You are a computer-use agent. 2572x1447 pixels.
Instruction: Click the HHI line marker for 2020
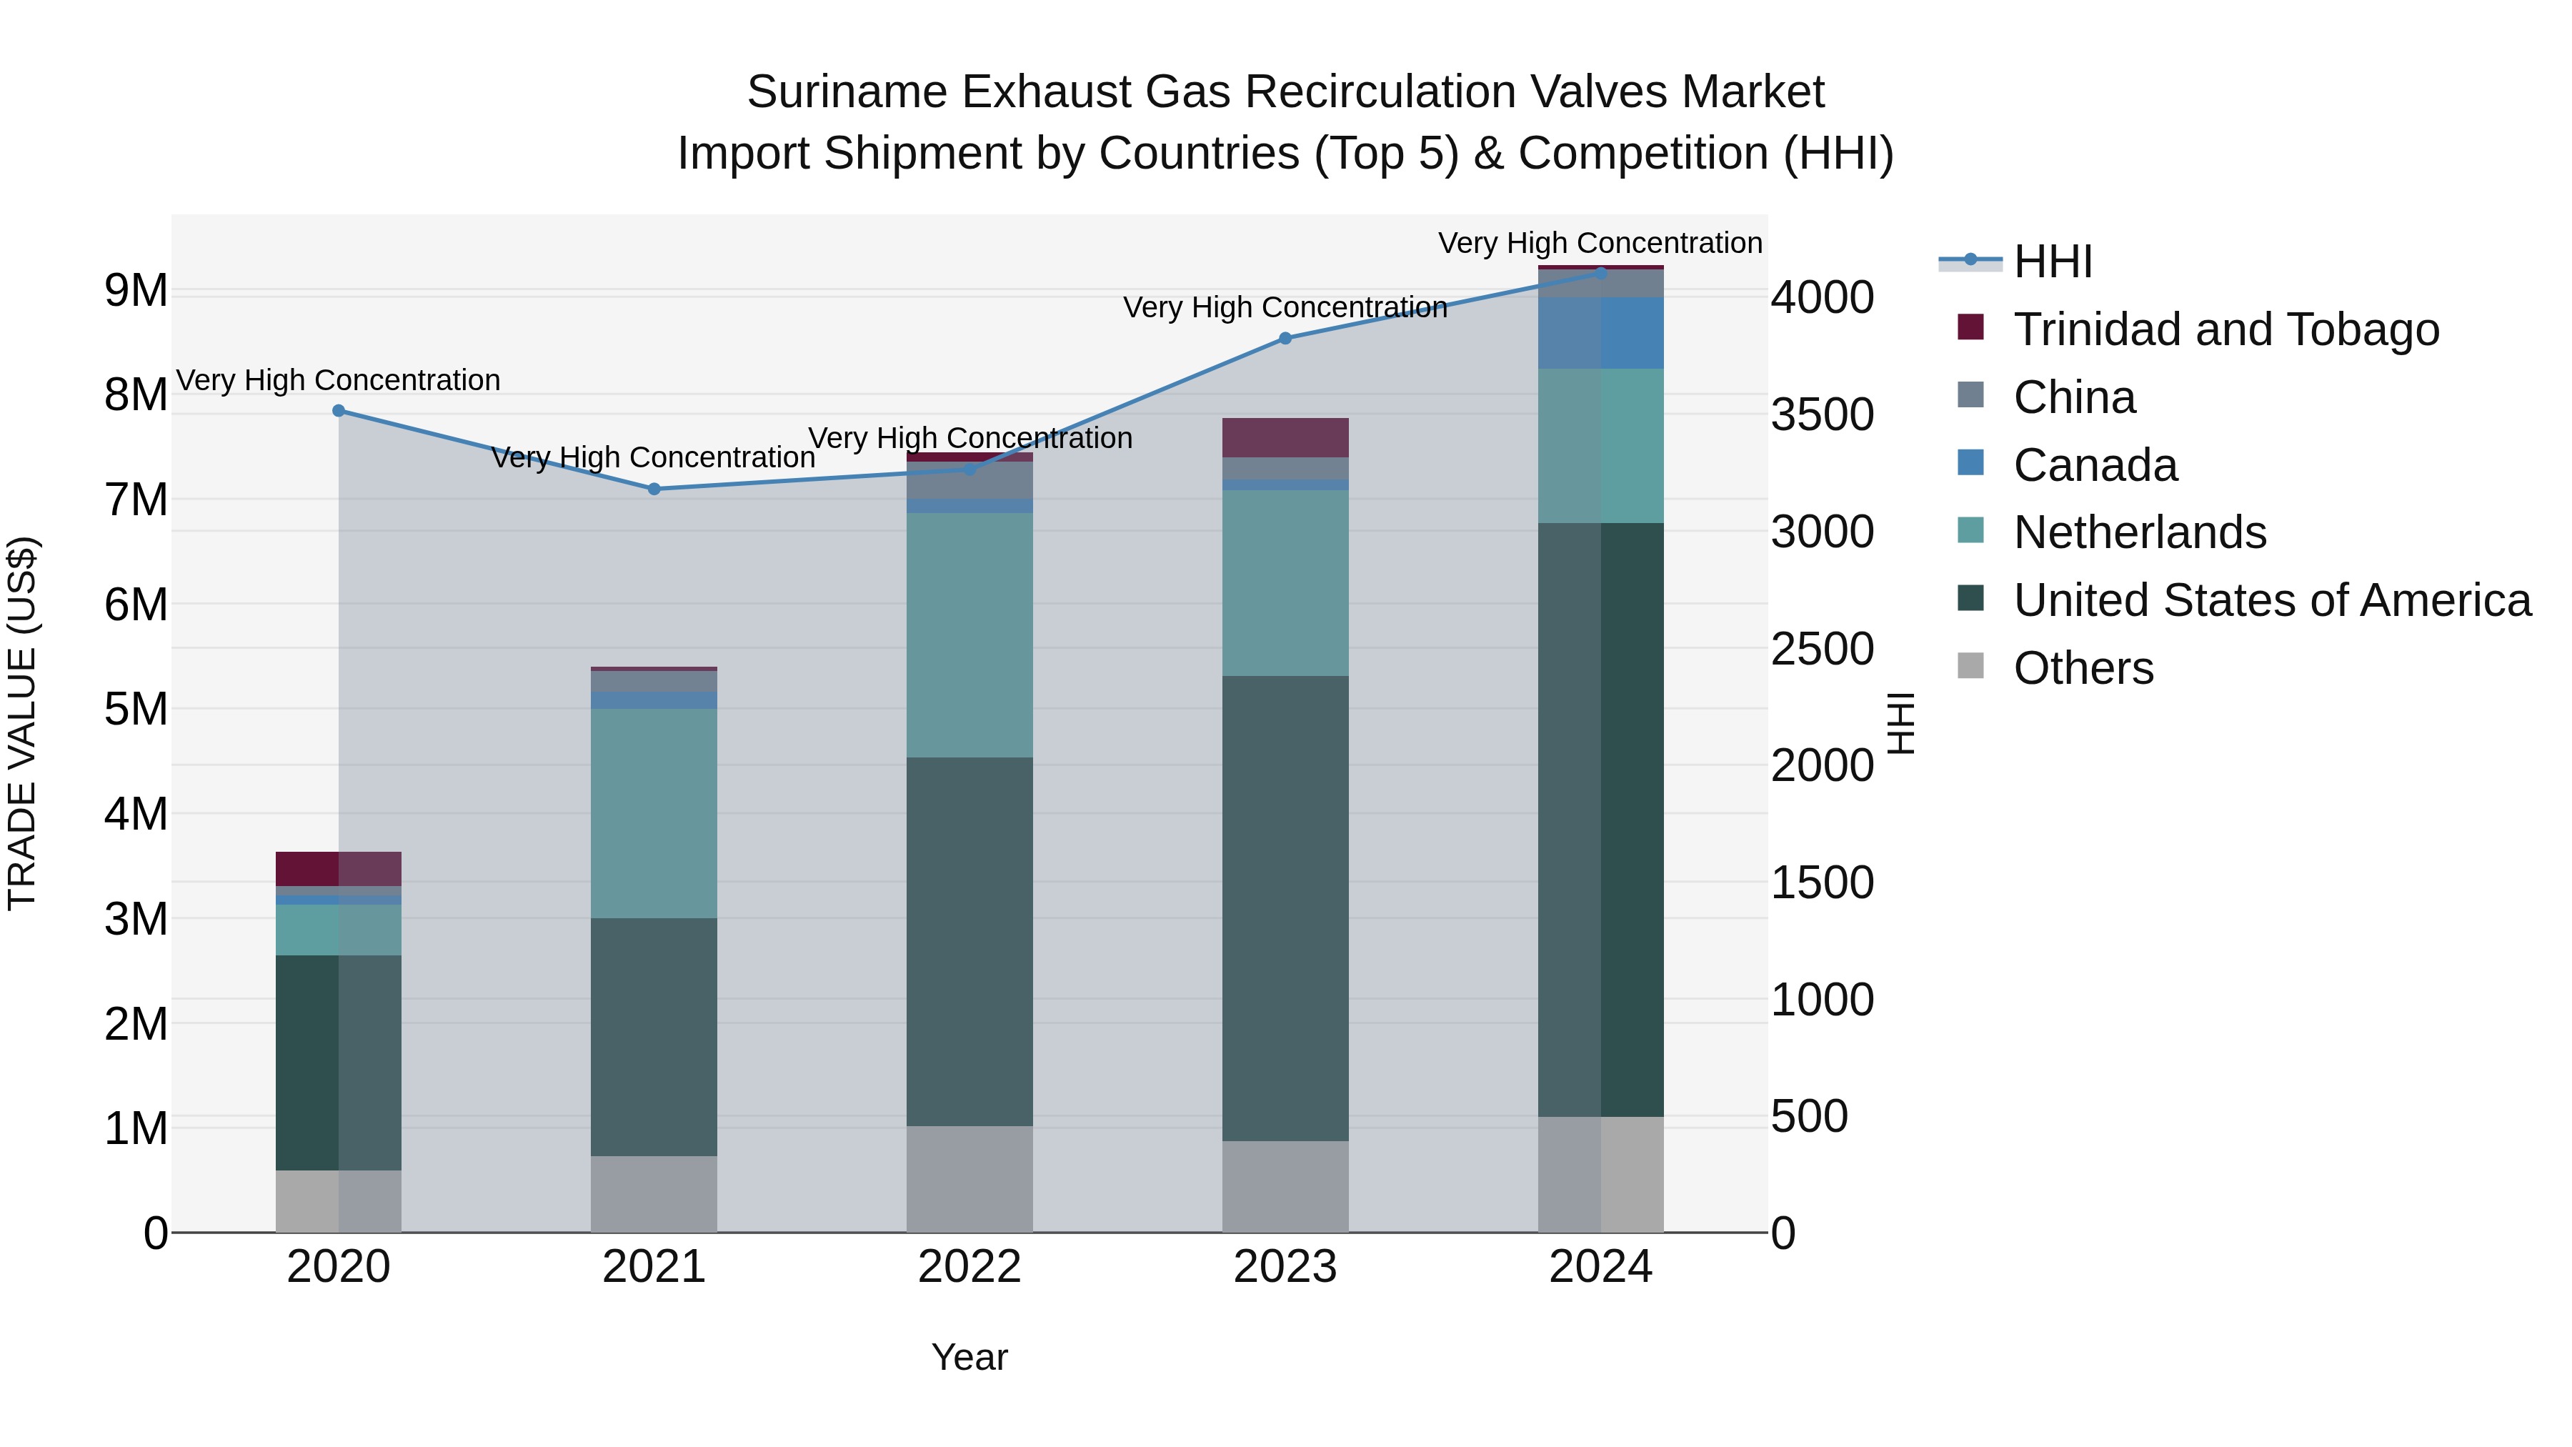pyautogui.click(x=339, y=410)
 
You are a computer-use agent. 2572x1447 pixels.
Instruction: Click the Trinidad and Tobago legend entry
pyautogui.click(x=2225, y=329)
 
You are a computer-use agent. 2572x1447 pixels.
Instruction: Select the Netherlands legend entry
pyautogui.click(x=2138, y=532)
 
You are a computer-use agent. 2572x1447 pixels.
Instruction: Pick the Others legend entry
pyautogui.click(x=2083, y=668)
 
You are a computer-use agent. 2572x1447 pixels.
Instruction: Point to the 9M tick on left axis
pyautogui.click(x=136, y=291)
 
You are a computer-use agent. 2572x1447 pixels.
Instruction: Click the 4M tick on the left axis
pyautogui.click(x=136, y=814)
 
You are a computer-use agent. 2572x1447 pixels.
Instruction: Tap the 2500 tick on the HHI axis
pyautogui.click(x=1822, y=649)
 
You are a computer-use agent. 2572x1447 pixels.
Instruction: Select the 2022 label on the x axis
pyautogui.click(x=969, y=1267)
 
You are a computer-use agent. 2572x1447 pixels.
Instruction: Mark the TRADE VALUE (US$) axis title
pyautogui.click(x=22, y=723)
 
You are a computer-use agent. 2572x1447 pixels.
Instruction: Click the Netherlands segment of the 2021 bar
pyautogui.click(x=654, y=813)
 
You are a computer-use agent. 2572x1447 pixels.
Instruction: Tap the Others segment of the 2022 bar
pyautogui.click(x=969, y=1178)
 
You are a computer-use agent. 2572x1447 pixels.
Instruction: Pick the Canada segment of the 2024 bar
pyautogui.click(x=1600, y=332)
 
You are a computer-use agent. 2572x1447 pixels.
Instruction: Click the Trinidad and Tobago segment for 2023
pyautogui.click(x=1285, y=437)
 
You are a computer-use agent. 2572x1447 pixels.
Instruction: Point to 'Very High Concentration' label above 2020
pyautogui.click(x=339, y=380)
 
